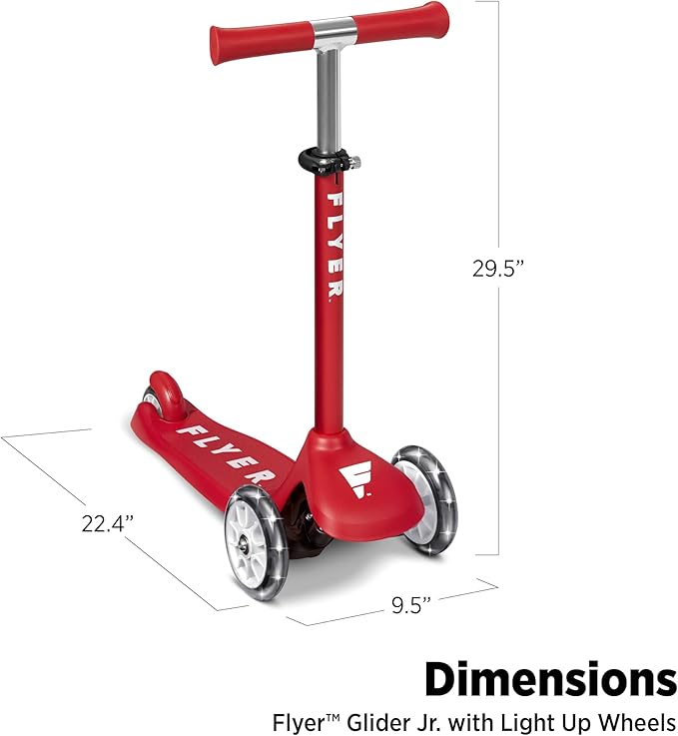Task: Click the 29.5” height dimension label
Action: click(x=497, y=269)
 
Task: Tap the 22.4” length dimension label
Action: click(x=108, y=523)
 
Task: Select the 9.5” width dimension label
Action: click(x=411, y=605)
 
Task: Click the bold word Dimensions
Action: click(x=551, y=679)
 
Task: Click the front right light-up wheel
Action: click(x=425, y=500)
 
